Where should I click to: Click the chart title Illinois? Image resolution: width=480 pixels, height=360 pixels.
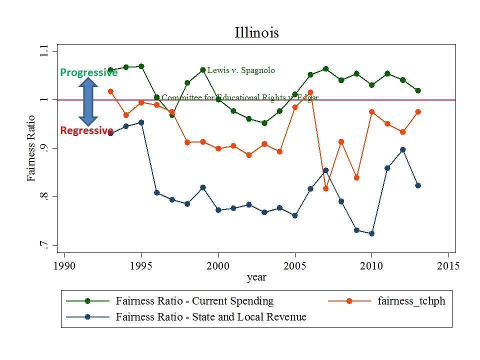pos(256,33)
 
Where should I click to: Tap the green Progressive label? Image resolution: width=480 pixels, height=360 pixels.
pos(88,73)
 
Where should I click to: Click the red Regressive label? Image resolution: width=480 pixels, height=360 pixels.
pos(86,131)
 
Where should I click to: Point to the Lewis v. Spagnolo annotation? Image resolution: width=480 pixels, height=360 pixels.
pos(241,70)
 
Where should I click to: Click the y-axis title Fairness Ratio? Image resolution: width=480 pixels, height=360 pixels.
pos(31,148)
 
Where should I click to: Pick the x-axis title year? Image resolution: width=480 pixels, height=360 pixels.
pos(256,277)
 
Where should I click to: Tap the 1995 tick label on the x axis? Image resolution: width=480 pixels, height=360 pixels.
pos(141,264)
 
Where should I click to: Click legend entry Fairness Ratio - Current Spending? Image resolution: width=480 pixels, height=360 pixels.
pos(194,301)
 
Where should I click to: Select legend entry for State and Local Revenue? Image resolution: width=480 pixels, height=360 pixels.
pos(211,316)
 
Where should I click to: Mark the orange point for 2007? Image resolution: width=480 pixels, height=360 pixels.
pos(325,188)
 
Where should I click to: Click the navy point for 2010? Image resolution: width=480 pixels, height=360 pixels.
pos(371,233)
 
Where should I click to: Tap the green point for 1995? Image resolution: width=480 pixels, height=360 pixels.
pos(141,66)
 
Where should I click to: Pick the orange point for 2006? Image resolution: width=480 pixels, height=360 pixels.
pos(310,92)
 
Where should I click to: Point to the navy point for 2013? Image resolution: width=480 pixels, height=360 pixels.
pos(418,185)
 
